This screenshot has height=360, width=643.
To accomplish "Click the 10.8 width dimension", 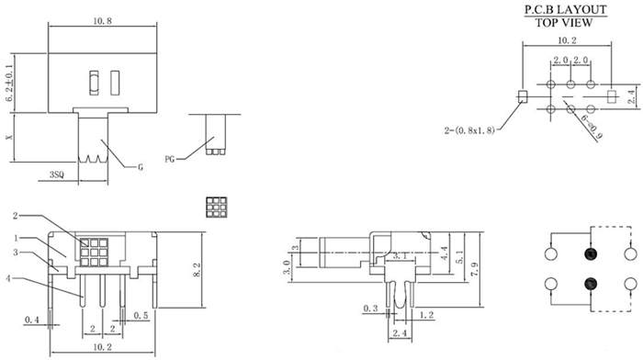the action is click(102, 20).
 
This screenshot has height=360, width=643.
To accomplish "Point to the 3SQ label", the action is click(57, 174).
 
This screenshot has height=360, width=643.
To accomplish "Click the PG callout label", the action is click(169, 159).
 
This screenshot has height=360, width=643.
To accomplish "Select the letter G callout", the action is click(141, 167).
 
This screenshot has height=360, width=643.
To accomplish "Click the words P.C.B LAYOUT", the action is click(566, 9).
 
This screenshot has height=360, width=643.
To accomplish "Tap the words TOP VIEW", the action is click(564, 23).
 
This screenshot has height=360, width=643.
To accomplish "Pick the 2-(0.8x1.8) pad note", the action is click(469, 130).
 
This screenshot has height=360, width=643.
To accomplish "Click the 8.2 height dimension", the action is click(197, 270).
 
